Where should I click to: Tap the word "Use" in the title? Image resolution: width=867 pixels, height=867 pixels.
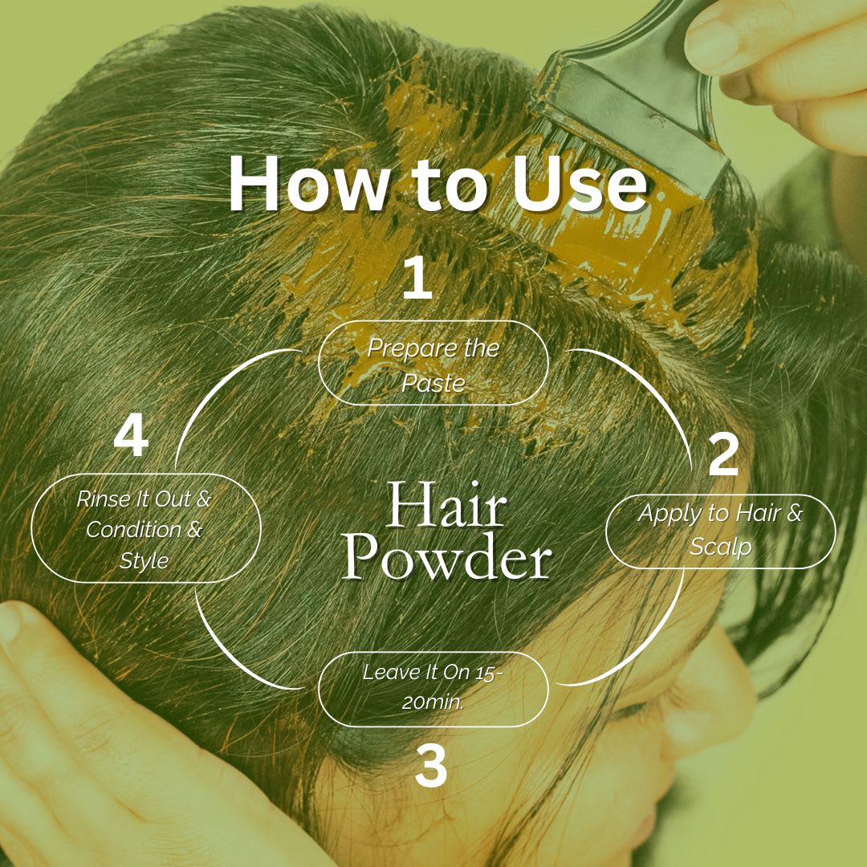[578, 184]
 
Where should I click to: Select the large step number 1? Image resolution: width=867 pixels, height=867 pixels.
[417, 278]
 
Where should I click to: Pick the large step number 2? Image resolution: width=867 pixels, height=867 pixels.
[724, 454]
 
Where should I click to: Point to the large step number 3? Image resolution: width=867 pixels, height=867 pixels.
[431, 766]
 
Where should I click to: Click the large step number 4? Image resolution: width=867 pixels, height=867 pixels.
[131, 436]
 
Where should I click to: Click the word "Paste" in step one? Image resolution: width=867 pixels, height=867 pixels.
[433, 383]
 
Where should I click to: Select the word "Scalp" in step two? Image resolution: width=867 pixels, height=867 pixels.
[720, 547]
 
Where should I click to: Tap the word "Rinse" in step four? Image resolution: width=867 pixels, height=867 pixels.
[103, 499]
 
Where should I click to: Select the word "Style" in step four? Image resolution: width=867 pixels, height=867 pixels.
[144, 561]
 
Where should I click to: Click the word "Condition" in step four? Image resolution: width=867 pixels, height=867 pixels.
[134, 530]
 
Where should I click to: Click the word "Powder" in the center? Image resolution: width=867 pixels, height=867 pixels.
[447, 556]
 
